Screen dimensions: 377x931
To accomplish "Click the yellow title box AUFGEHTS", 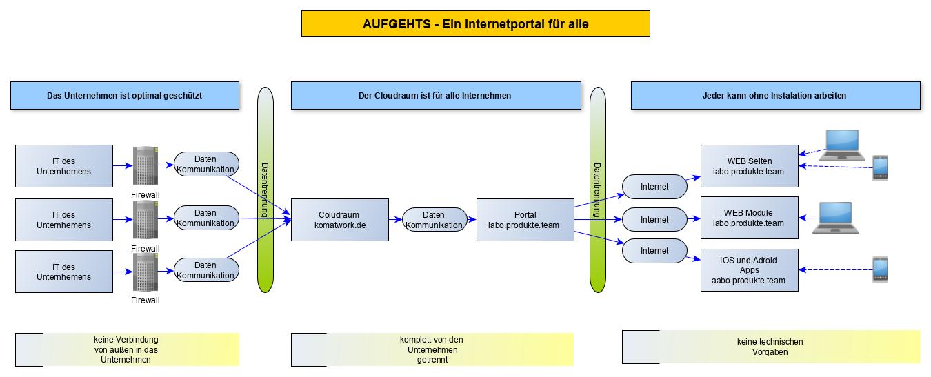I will coord(475,23).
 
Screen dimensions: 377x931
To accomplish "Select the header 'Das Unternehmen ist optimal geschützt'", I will coord(125,96).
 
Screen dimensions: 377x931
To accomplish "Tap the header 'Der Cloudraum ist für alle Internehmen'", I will coord(435,96).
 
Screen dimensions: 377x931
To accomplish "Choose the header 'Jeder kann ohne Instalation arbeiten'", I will coord(775,96).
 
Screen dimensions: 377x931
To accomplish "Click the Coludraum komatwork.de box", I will coord(339,220).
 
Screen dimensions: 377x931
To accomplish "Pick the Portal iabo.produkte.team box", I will coord(525,220).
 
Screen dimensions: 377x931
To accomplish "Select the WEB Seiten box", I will coord(750,166).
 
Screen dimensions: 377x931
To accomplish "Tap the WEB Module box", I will coord(750,218).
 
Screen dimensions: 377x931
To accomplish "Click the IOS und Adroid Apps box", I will coord(750,270).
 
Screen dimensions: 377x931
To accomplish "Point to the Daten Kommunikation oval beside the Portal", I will coord(434,220).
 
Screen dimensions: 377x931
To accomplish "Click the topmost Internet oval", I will coord(654,186).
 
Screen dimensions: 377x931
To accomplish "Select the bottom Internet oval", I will coord(654,251).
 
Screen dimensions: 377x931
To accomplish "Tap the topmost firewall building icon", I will coord(146,166).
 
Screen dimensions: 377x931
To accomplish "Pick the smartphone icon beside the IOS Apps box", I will coord(880,269).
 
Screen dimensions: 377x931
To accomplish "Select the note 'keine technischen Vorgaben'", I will coord(771,347).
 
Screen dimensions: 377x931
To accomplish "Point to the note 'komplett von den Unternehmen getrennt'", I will coord(432,349).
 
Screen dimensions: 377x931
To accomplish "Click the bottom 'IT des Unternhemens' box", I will coord(64,272).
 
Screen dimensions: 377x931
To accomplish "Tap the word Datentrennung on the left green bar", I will coord(265,190).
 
